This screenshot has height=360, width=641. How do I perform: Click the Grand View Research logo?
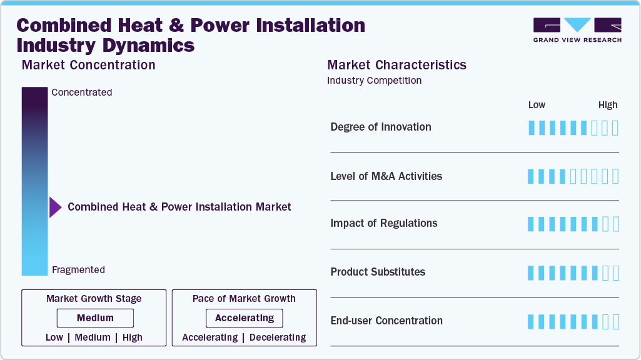(577, 29)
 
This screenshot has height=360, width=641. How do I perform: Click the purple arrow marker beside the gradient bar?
(55, 207)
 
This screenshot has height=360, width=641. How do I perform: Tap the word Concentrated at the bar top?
(82, 92)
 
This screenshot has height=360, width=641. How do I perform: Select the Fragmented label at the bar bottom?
(78, 270)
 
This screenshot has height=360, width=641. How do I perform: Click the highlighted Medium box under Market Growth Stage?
(95, 318)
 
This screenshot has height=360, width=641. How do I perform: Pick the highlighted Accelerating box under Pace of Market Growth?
(245, 318)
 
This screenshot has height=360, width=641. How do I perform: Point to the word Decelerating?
(278, 337)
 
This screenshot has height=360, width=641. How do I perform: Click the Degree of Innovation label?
(381, 127)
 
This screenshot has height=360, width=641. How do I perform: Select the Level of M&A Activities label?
(386, 176)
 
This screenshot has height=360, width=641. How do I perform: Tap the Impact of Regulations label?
(384, 223)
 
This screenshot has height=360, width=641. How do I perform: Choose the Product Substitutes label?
(378, 272)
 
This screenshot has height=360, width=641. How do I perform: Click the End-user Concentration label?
(386, 321)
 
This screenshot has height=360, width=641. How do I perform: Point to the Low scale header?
(537, 105)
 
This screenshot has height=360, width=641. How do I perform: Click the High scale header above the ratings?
(607, 105)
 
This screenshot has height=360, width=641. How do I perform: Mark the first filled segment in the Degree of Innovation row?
(532, 128)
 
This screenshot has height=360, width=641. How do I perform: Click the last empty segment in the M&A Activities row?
(615, 176)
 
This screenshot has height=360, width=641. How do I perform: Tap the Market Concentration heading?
(88, 65)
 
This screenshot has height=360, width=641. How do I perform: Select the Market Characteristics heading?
(396, 65)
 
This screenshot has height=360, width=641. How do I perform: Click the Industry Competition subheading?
(374, 81)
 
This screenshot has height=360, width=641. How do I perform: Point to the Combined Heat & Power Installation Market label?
(179, 207)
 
